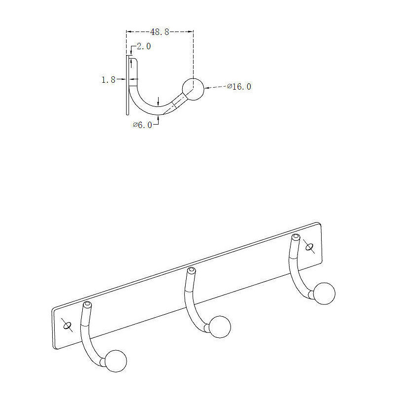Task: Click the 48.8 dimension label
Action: [x=160, y=32]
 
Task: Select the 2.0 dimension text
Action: [x=144, y=46]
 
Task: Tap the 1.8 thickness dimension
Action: [x=108, y=80]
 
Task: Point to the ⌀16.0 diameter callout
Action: [x=239, y=87]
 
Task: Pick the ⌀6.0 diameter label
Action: [x=142, y=125]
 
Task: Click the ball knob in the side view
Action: [x=193, y=89]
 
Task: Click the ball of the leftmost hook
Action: [x=116, y=361]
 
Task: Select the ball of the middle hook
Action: [x=220, y=327]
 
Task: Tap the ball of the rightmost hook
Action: [x=324, y=294]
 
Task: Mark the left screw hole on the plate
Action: [x=67, y=326]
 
